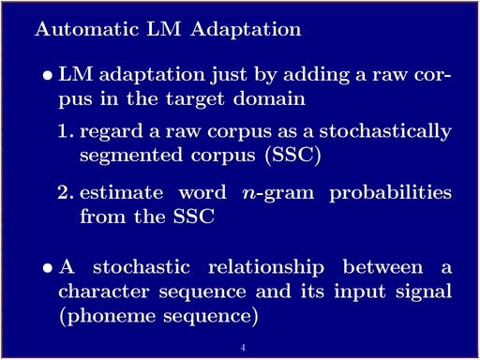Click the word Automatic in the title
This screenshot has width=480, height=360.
point(86,29)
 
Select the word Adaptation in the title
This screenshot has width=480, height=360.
point(246,30)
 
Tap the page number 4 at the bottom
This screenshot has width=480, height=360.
point(243,347)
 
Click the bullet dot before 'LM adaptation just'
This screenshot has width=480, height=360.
point(48,76)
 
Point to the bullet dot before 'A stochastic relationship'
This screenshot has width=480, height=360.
point(48,268)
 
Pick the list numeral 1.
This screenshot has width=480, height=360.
point(66,131)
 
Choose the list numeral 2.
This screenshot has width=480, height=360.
point(66,192)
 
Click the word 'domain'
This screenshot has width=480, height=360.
point(269,98)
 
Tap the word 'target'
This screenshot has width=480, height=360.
point(195,100)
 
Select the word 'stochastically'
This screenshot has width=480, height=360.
point(385,131)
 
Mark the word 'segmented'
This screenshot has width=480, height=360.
point(131,156)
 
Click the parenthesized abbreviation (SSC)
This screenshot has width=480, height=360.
point(292,156)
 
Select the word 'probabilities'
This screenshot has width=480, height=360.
point(391,193)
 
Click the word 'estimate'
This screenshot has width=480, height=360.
point(122,192)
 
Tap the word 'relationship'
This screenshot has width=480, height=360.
point(266,268)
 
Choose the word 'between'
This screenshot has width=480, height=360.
point(382,267)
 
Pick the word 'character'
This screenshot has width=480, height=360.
point(104,292)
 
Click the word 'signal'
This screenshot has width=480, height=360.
point(424,292)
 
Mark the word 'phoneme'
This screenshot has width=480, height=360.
point(112,317)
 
